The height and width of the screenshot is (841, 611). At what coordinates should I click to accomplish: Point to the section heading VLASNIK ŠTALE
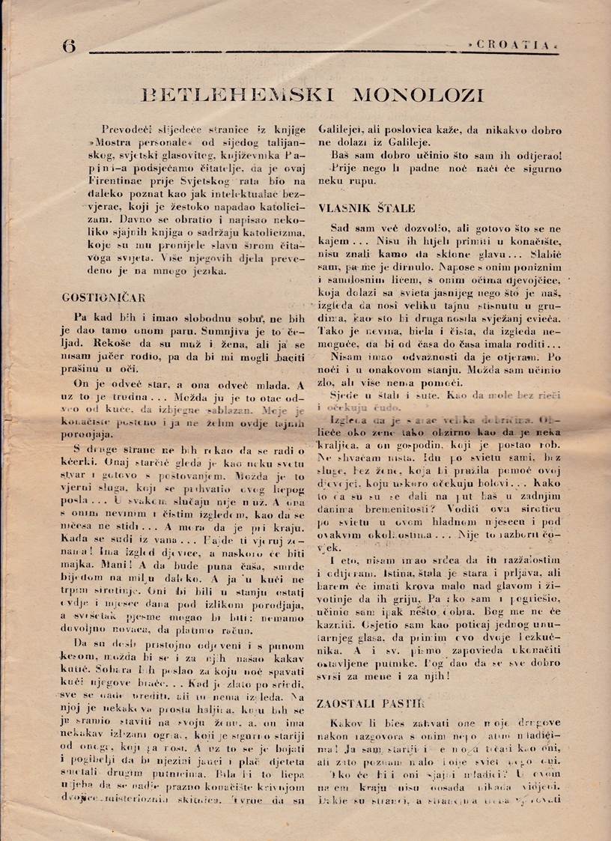pos(368,208)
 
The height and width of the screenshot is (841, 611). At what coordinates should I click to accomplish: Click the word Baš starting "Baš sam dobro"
pos(339,155)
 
